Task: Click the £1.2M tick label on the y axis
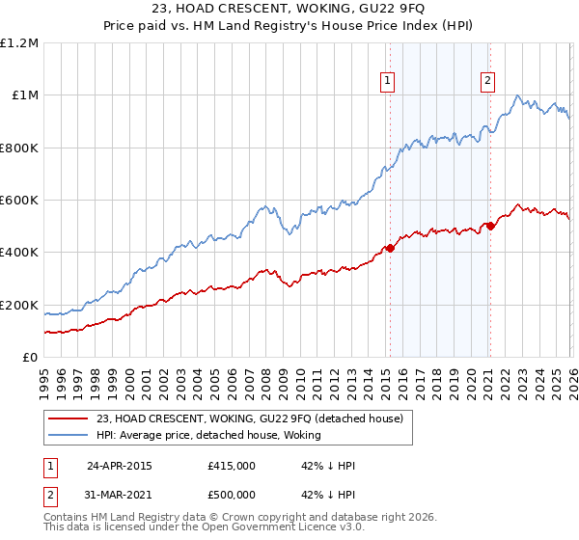(x=19, y=43)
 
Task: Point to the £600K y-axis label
(x=19, y=201)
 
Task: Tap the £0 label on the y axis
(x=31, y=358)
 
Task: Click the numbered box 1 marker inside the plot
(x=387, y=82)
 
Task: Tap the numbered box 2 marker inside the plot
(x=488, y=82)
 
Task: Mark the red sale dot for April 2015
(x=390, y=249)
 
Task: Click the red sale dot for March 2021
(x=490, y=227)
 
